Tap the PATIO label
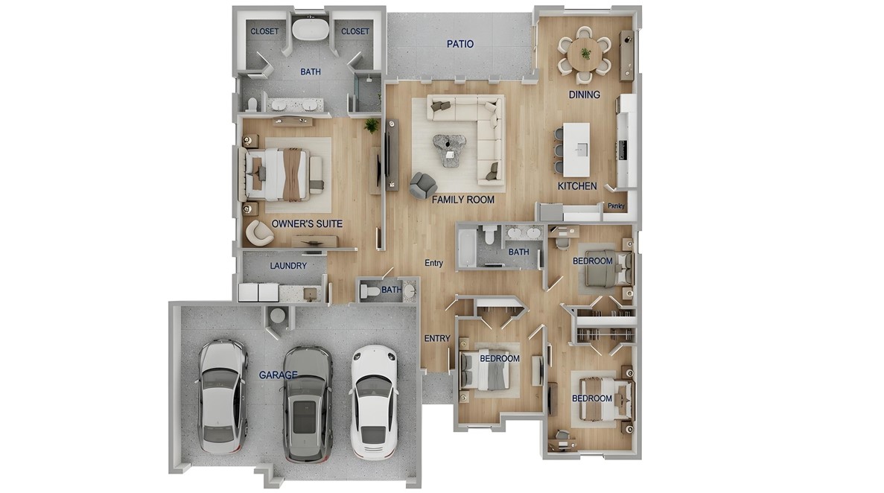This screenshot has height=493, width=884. (460, 44)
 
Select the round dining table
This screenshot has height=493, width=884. (585, 54)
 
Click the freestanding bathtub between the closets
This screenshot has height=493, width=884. (305, 30)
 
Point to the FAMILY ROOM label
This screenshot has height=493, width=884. (463, 200)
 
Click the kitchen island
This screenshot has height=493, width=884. (576, 149)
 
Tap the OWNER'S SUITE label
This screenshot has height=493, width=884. (307, 223)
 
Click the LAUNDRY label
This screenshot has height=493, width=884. (288, 265)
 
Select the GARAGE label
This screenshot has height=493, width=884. (279, 375)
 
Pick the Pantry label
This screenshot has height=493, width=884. (616, 206)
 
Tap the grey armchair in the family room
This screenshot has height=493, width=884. (422, 184)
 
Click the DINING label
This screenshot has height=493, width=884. (584, 95)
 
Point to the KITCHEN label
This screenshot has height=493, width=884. (577, 186)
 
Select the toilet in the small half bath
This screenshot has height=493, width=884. (370, 293)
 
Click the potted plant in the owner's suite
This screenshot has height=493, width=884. (371, 126)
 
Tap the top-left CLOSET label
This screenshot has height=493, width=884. (264, 31)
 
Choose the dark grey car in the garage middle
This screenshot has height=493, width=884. (307, 404)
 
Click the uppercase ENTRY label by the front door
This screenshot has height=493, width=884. (436, 338)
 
